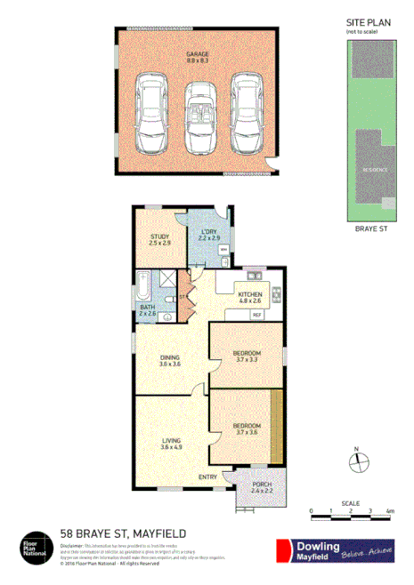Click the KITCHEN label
pos(250,297)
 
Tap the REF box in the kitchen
pos(256,315)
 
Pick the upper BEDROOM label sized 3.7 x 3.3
pos(247,356)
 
